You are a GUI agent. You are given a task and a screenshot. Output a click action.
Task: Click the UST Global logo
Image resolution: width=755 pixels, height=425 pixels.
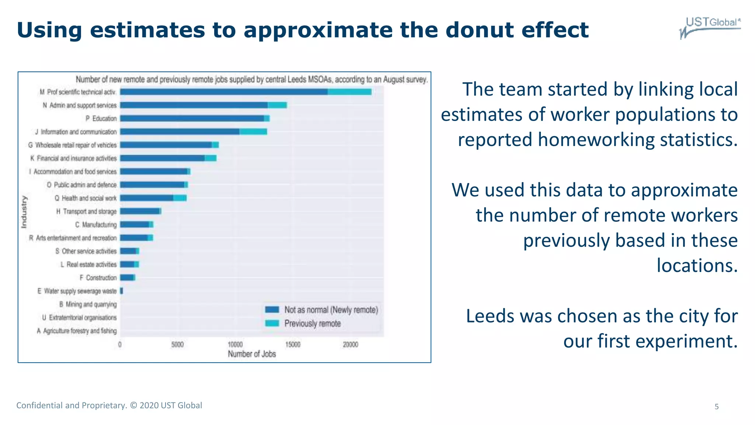pyautogui.click(x=710, y=27)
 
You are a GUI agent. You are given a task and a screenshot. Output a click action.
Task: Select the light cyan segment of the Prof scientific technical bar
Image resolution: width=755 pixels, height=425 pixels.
pyautogui.click(x=349, y=92)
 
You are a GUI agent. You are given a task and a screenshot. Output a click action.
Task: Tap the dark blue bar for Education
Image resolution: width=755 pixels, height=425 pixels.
pyautogui.click(x=192, y=118)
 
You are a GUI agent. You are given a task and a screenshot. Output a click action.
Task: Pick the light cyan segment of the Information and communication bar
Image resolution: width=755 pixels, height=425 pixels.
pyautogui.click(x=253, y=132)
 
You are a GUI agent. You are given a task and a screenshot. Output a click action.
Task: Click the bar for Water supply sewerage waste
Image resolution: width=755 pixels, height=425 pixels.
pyautogui.click(x=122, y=291)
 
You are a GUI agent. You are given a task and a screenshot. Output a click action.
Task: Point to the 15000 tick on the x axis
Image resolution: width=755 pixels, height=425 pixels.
pyautogui.click(x=293, y=345)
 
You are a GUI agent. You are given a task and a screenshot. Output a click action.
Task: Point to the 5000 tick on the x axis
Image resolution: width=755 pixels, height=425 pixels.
pyautogui.click(x=177, y=345)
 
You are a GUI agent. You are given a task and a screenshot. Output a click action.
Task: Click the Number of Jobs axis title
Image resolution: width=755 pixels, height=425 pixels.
pyautogui.click(x=252, y=354)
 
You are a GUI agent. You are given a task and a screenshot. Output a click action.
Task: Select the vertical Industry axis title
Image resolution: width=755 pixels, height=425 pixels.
pyautogui.click(x=24, y=212)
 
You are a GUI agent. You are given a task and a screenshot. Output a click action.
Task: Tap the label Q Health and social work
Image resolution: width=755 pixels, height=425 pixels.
pyautogui.click(x=86, y=198)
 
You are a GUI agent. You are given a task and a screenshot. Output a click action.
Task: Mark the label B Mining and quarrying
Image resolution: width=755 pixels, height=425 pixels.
pyautogui.click(x=88, y=304)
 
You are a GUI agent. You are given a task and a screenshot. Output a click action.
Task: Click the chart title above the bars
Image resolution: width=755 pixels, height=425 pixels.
pyautogui.click(x=251, y=79)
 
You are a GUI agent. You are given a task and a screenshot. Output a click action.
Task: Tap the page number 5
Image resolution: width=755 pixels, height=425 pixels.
pyautogui.click(x=717, y=407)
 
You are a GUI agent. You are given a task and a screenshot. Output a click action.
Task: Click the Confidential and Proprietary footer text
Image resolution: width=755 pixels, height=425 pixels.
pyautogui.click(x=109, y=405)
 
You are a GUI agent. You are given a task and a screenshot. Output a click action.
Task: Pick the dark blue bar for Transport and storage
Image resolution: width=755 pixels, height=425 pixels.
pyautogui.click(x=139, y=211)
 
